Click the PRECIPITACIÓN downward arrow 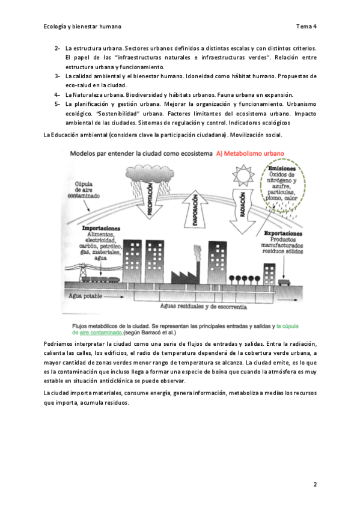(150, 199)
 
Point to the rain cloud (150, 173)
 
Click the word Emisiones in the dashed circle (282, 168)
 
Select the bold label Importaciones (101, 229)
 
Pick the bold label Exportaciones (283, 233)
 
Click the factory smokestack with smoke (197, 264)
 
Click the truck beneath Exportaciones (284, 282)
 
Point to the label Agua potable (85, 296)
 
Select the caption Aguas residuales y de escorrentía (203, 306)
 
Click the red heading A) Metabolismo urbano (250, 153)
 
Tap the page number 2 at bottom (315, 484)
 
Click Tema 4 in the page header (307, 26)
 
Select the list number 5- (57, 104)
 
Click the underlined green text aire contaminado (101, 333)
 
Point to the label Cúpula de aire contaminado (84, 190)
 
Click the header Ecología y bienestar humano (82, 26)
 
